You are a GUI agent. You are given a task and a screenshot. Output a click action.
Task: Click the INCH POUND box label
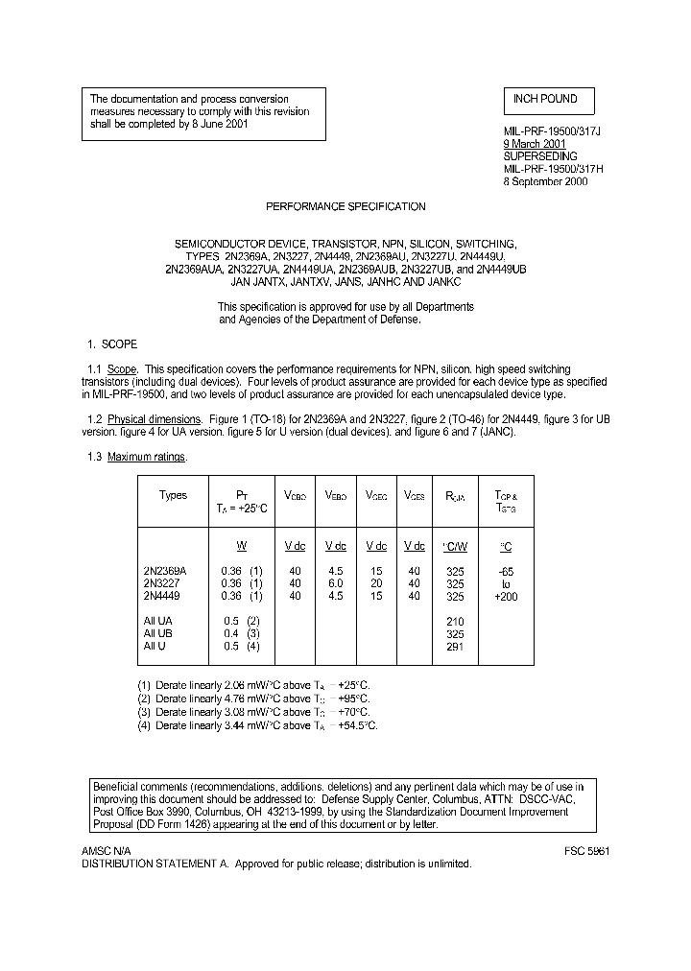point(545,99)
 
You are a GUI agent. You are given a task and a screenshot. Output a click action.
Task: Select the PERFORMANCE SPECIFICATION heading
point(345,206)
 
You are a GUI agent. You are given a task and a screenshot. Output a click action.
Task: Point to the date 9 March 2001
point(535,144)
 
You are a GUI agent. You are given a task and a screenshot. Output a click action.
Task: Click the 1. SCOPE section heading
point(112,343)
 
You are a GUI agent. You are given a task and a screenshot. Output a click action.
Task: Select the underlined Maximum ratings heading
point(146,457)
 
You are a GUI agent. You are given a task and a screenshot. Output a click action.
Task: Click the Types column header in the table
point(173,495)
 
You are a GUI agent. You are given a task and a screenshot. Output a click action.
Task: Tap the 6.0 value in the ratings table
point(335,582)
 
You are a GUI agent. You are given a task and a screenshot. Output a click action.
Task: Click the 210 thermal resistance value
point(455,621)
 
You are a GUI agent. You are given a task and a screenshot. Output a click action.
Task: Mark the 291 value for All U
point(455,647)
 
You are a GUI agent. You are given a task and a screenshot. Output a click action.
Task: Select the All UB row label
point(157,634)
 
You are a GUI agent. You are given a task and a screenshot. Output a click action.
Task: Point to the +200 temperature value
point(506,596)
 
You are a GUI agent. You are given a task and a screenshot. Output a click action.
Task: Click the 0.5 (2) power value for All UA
point(241,621)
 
